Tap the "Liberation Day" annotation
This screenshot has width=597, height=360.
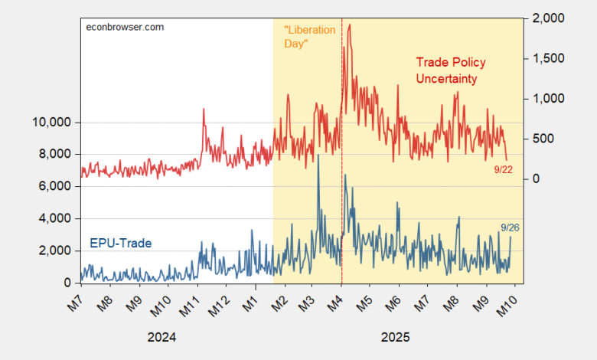(x=309, y=37)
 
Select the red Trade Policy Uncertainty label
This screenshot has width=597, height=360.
(x=451, y=70)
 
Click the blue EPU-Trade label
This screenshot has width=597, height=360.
(x=120, y=244)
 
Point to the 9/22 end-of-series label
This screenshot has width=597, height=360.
(x=504, y=169)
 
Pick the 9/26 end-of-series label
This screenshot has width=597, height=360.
(x=510, y=227)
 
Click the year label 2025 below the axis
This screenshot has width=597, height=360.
(x=395, y=337)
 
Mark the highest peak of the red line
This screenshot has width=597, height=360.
(x=350, y=25)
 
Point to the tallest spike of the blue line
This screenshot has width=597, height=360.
(x=318, y=155)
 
